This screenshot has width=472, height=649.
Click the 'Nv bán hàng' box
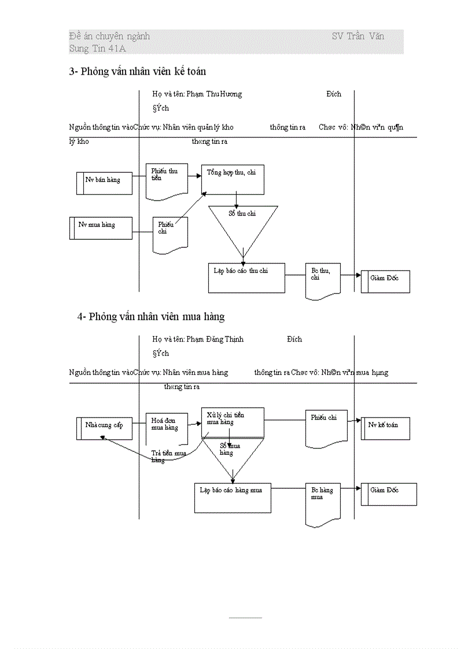[104, 183]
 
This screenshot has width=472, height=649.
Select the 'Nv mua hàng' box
[104, 228]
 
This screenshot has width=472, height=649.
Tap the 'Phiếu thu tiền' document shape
[166, 180]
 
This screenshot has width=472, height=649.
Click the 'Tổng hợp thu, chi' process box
[233, 180]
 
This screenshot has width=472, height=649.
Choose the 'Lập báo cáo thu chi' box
[246, 278]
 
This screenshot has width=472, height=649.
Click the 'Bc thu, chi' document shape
[323, 280]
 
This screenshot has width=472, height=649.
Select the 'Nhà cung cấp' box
[104, 428]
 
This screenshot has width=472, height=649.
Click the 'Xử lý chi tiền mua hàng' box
[233, 421]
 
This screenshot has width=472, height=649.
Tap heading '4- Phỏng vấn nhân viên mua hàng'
[151, 317]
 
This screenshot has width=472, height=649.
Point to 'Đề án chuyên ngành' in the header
[109, 36]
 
